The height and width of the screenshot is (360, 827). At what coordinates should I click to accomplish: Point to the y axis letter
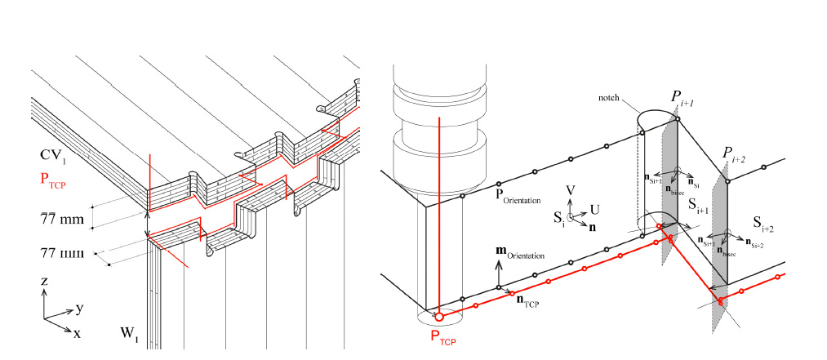point(80,309)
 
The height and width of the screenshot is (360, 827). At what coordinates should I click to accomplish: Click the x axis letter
point(77,333)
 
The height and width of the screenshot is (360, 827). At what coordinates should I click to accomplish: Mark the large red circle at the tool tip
point(439,316)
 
